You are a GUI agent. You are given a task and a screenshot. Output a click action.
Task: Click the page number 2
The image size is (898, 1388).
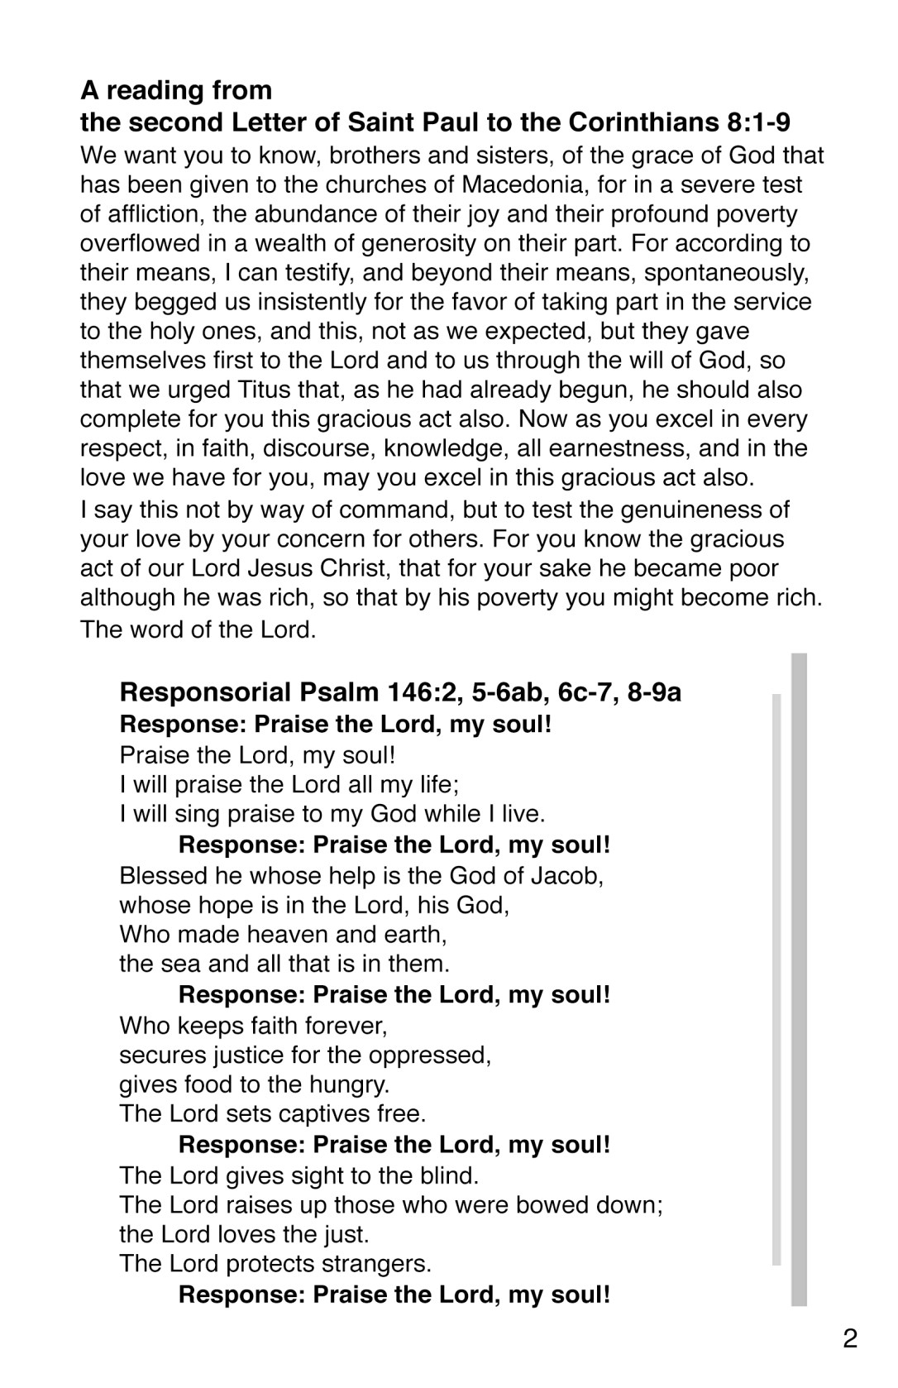pyautogui.click(x=850, y=1338)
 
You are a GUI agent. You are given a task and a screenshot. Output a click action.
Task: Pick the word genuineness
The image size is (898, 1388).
pyautogui.click(x=677, y=510)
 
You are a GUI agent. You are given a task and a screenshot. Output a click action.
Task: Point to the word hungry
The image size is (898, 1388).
pyautogui.click(x=349, y=1084)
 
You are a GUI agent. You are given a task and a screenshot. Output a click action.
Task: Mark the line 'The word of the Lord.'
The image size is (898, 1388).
pyautogui.click(x=198, y=629)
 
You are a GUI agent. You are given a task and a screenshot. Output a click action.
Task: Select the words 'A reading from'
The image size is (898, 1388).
pyautogui.click(x=176, y=90)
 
